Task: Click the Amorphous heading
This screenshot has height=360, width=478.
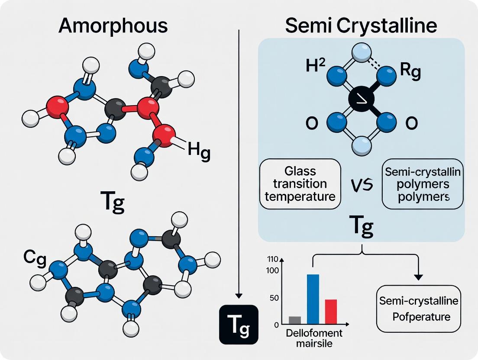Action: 113,26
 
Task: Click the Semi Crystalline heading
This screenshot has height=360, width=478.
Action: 361,26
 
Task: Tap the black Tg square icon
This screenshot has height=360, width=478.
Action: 239,325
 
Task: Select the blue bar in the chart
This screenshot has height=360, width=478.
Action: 313,299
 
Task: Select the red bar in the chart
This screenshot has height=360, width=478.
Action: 331,312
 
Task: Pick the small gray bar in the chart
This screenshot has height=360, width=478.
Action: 294,320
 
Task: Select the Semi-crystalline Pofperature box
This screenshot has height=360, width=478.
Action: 418,309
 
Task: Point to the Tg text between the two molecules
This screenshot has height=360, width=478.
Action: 112,202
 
